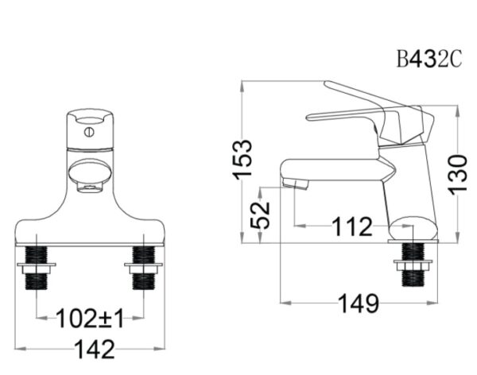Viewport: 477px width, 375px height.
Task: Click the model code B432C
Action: click(429, 59)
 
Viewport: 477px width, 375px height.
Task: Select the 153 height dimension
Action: click(242, 158)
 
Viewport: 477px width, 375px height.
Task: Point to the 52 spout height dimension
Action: click(261, 215)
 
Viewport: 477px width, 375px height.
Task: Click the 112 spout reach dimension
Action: click(352, 226)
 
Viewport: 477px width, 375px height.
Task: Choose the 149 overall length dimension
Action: click(359, 303)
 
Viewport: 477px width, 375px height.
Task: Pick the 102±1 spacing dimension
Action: click(91, 318)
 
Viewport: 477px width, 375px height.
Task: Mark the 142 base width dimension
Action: click(95, 349)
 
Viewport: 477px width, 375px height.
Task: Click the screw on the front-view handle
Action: click(89, 133)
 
